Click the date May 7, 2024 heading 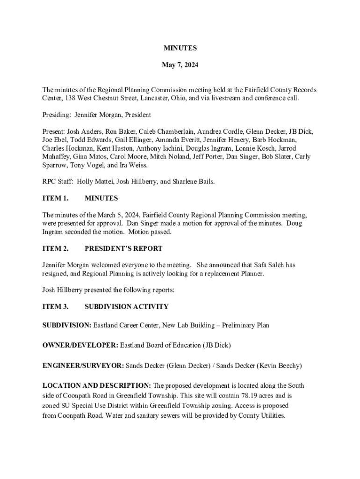[180, 65]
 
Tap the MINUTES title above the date [180, 48]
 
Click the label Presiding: [57, 115]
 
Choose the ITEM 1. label [56, 198]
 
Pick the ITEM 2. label [56, 248]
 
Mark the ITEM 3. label [56, 307]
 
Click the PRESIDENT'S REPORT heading [123, 248]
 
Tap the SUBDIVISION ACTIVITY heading [127, 307]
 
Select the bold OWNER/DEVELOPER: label [80, 346]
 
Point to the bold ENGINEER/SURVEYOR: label [83, 365]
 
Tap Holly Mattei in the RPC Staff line [93, 181]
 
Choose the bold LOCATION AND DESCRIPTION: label [97, 385]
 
